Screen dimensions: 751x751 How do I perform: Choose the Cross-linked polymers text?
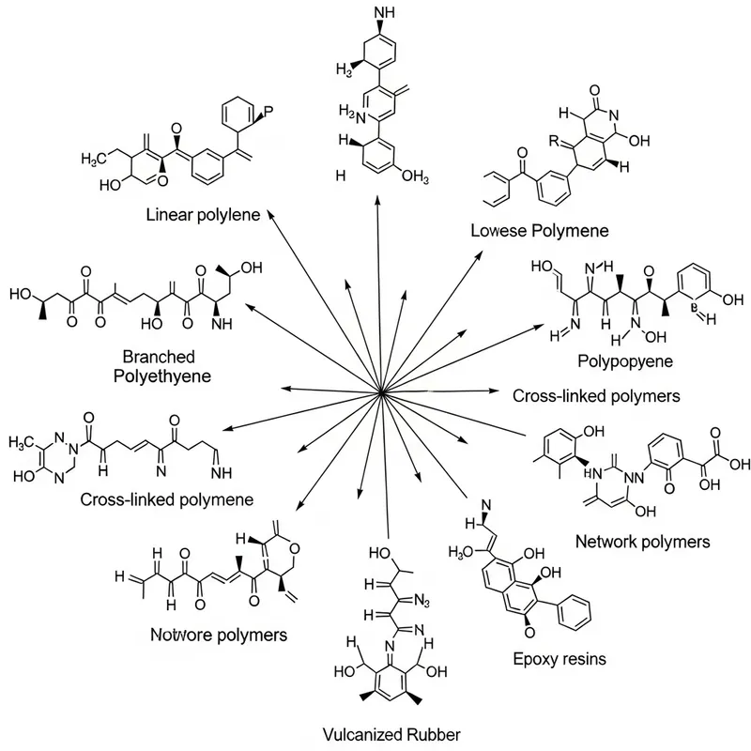point(595,396)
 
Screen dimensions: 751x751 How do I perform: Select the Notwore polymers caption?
point(219,635)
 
